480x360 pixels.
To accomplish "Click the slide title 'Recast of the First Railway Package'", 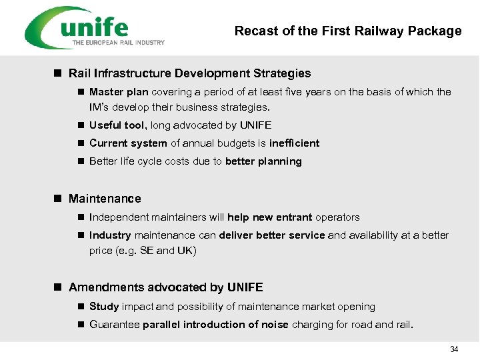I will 348,31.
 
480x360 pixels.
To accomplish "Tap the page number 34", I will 454,349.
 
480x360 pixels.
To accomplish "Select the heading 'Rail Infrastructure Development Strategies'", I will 189,73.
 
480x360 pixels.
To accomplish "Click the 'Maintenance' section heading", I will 105,199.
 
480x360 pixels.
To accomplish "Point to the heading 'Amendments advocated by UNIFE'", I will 165,287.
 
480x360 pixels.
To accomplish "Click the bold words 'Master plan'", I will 119,92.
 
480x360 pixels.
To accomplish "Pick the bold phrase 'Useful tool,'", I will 119,125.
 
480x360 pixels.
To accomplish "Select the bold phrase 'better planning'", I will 263,161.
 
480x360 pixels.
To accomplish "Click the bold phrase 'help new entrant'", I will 269,217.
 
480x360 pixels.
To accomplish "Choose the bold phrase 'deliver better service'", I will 271,235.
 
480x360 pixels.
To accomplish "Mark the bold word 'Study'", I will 104,307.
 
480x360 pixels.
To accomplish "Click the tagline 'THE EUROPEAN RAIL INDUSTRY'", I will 118,43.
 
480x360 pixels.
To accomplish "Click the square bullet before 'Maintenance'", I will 57,199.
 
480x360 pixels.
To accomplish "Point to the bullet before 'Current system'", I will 80,143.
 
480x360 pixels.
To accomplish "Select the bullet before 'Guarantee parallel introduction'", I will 80,325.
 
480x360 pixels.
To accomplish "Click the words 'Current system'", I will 128,143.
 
